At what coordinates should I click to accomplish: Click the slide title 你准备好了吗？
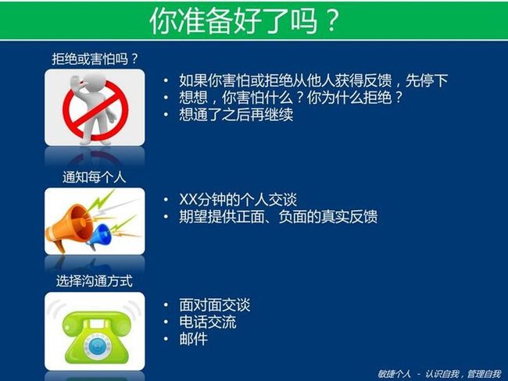coord(245,21)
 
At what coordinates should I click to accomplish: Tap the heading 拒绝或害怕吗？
coord(95,59)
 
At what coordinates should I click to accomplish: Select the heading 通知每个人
coord(95,177)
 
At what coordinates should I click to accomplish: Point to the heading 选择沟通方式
coord(95,281)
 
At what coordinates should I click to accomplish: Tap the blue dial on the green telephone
coord(95,346)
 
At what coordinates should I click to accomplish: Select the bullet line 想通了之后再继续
coord(236,115)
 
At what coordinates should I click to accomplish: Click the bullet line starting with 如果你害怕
coord(313,80)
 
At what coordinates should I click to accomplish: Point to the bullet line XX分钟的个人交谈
coord(238,200)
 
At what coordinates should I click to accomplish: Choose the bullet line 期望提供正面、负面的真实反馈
coord(278,216)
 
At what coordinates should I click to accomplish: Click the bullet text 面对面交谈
coord(214,305)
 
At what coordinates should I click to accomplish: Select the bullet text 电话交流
coord(208,322)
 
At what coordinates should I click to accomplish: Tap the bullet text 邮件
coord(193,340)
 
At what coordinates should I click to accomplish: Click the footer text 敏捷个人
coord(394,374)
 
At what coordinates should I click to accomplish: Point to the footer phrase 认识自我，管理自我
coord(463,374)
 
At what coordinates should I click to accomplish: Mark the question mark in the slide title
coord(331,21)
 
